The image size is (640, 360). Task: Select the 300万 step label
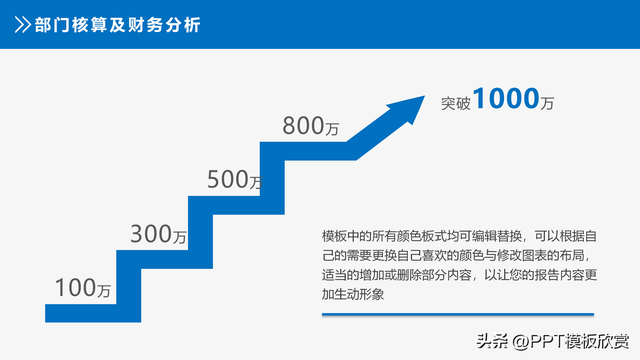pyautogui.click(x=159, y=236)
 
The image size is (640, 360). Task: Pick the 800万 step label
pyautogui.click(x=311, y=126)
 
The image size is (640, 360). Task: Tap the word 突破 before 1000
pyautogui.click(x=456, y=101)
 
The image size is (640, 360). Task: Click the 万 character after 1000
pyautogui.click(x=546, y=102)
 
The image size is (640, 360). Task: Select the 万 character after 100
pyautogui.click(x=104, y=291)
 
